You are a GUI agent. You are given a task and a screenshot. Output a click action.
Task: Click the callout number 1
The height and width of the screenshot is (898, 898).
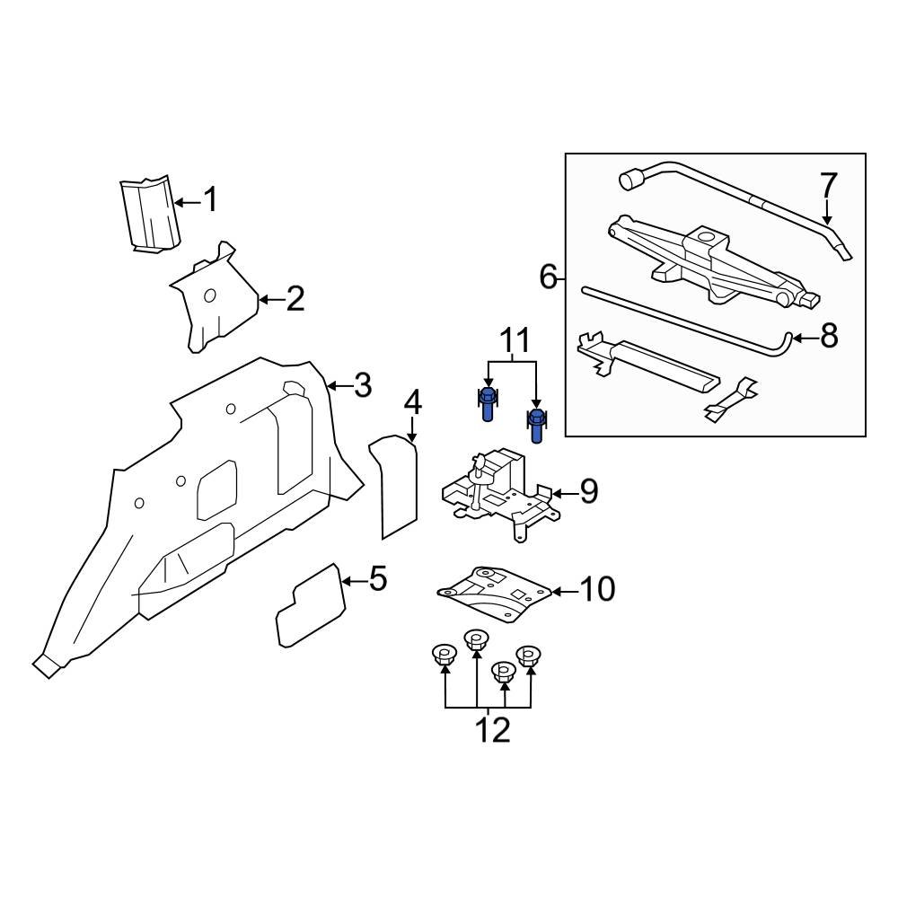(x=210, y=199)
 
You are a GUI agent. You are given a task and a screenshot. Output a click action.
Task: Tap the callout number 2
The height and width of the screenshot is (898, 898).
(x=295, y=299)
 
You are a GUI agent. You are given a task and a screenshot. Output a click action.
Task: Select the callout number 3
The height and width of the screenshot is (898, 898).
(x=361, y=386)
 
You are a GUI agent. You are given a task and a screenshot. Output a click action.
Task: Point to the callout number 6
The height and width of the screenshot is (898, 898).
(x=549, y=277)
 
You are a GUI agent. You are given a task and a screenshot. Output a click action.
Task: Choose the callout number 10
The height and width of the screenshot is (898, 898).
(x=597, y=590)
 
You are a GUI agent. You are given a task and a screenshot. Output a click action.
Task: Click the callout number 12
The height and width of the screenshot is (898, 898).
(x=493, y=729)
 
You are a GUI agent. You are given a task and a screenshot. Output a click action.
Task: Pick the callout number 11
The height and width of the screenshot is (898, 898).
(x=515, y=341)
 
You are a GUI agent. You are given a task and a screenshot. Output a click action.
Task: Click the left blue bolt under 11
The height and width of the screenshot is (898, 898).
(x=486, y=404)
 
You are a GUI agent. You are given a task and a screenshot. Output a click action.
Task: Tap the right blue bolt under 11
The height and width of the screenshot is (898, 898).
(x=536, y=425)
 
